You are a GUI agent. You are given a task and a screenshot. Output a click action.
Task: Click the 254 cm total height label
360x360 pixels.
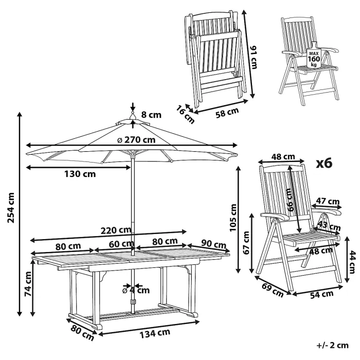click(x=11, y=208)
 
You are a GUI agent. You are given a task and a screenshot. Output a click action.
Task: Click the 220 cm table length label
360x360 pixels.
click(x=116, y=230)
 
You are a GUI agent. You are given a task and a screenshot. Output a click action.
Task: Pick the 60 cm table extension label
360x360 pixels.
click(x=121, y=244)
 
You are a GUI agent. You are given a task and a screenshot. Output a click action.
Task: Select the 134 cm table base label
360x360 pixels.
click(x=155, y=332)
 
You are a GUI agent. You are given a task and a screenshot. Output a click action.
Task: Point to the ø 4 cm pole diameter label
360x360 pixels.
click(x=134, y=290)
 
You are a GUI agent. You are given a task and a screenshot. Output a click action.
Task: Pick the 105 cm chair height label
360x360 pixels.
click(x=233, y=217)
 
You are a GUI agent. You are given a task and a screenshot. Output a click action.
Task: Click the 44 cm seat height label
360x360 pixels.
click(x=352, y=262)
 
